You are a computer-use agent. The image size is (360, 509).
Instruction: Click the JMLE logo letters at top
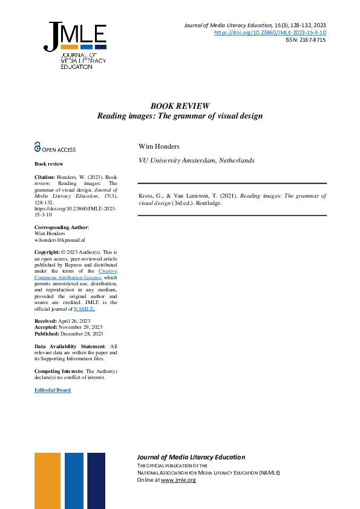[x=75, y=34]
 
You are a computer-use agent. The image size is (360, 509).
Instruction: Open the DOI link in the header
[x=270, y=32]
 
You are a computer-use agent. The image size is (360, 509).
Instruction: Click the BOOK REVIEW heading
[x=180, y=105]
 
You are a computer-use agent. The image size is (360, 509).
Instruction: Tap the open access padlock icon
[x=38, y=146]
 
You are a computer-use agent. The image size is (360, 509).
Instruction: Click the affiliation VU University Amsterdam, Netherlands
[x=197, y=161]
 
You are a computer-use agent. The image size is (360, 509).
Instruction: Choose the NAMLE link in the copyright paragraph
[x=83, y=308]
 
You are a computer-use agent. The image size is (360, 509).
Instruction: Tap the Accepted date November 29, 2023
[x=80, y=327]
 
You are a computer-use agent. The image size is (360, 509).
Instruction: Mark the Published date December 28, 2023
[x=81, y=334]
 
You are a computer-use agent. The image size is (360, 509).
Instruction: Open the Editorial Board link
[x=53, y=390]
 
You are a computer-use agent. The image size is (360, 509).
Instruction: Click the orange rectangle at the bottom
[x=47, y=480]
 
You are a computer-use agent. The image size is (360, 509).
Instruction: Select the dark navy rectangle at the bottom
[x=96, y=480]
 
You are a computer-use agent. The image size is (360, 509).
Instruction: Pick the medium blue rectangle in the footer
[x=74, y=480]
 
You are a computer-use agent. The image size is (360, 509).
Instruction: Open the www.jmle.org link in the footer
[x=178, y=480]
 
